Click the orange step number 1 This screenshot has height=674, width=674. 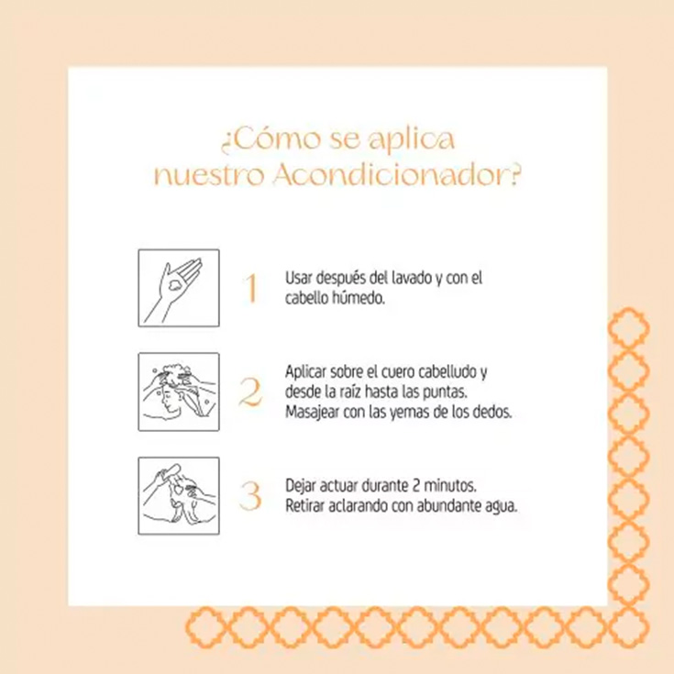tap(250, 289)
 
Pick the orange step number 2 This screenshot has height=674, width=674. tap(250, 392)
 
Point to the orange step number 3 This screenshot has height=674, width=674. tap(250, 496)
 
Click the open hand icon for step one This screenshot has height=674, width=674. tap(179, 288)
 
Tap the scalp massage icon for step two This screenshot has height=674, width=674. tap(179, 392)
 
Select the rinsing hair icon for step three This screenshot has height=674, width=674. tap(179, 495)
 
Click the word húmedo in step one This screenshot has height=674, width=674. tap(361, 298)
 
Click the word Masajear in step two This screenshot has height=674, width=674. tap(312, 412)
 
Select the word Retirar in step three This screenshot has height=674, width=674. tap(304, 505)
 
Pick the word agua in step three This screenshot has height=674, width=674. tap(503, 505)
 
